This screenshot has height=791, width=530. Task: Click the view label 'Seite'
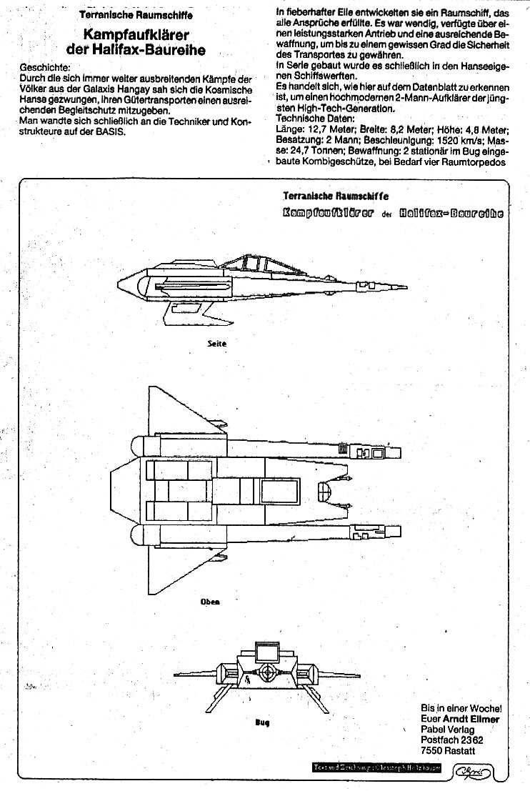click(216, 344)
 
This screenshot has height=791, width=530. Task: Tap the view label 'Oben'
click(210, 602)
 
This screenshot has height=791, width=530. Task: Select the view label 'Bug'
click(262, 722)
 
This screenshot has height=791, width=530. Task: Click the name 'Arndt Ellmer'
click(460, 718)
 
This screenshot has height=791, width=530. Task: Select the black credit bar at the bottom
click(377, 768)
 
